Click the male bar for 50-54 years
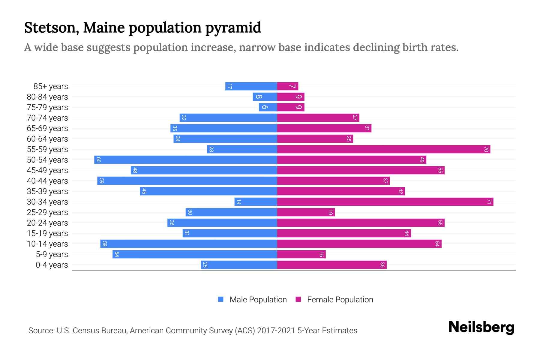click(185, 160)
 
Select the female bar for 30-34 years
click(385, 202)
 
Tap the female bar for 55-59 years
click(383, 149)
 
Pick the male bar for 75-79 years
click(268, 107)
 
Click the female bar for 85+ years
click(287, 86)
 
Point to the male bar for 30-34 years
click(256, 202)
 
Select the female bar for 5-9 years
click(301, 254)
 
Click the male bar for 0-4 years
click(239, 265)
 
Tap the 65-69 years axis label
click(47, 128)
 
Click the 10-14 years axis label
click(47, 244)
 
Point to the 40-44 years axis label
click(47, 181)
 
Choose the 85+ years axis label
click(51, 86)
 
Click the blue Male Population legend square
click(221, 299)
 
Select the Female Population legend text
click(340, 300)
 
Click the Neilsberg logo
click(481, 327)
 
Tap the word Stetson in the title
click(52, 28)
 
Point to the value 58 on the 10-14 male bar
click(104, 244)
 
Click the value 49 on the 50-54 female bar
click(422, 160)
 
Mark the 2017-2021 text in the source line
click(276, 331)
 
